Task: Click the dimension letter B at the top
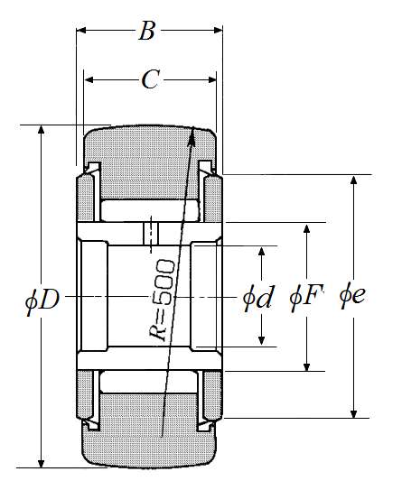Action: (146, 31)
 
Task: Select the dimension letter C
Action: (151, 79)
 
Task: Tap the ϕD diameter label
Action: (42, 300)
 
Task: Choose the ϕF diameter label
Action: (306, 296)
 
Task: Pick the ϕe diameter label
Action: (352, 295)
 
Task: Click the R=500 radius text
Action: (161, 300)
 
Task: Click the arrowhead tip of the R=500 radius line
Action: (193, 126)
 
